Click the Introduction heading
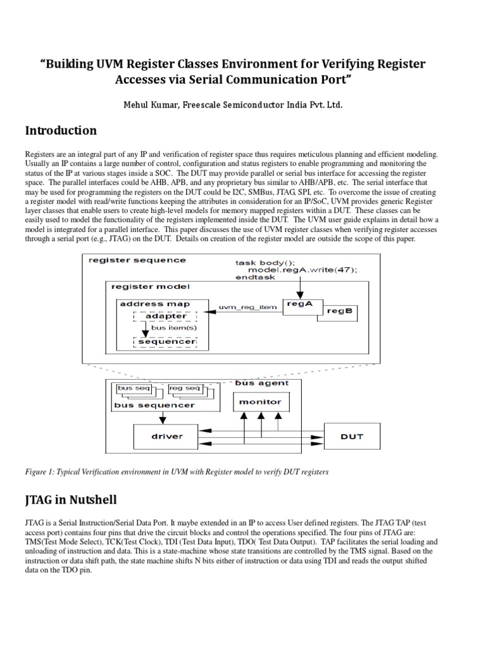click(61, 131)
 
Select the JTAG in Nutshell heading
click(71, 500)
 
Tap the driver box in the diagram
click(167, 436)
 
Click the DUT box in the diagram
click(352, 436)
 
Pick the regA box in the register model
click(300, 304)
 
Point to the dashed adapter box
click(166, 316)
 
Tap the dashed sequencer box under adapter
click(166, 342)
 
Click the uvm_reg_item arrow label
click(247, 307)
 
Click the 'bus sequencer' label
click(154, 405)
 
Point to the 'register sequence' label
click(137, 260)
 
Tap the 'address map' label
click(154, 304)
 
